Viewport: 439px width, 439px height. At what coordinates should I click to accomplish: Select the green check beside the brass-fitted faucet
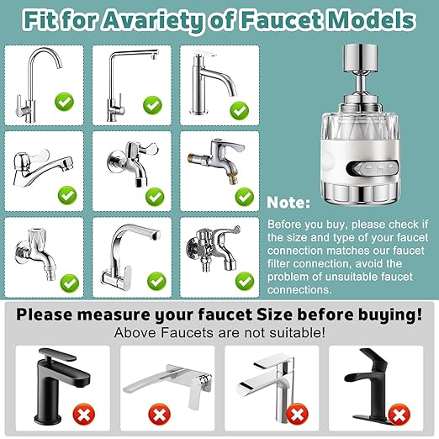point(243,196)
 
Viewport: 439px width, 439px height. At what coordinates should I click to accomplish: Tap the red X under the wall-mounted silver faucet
point(156,414)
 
